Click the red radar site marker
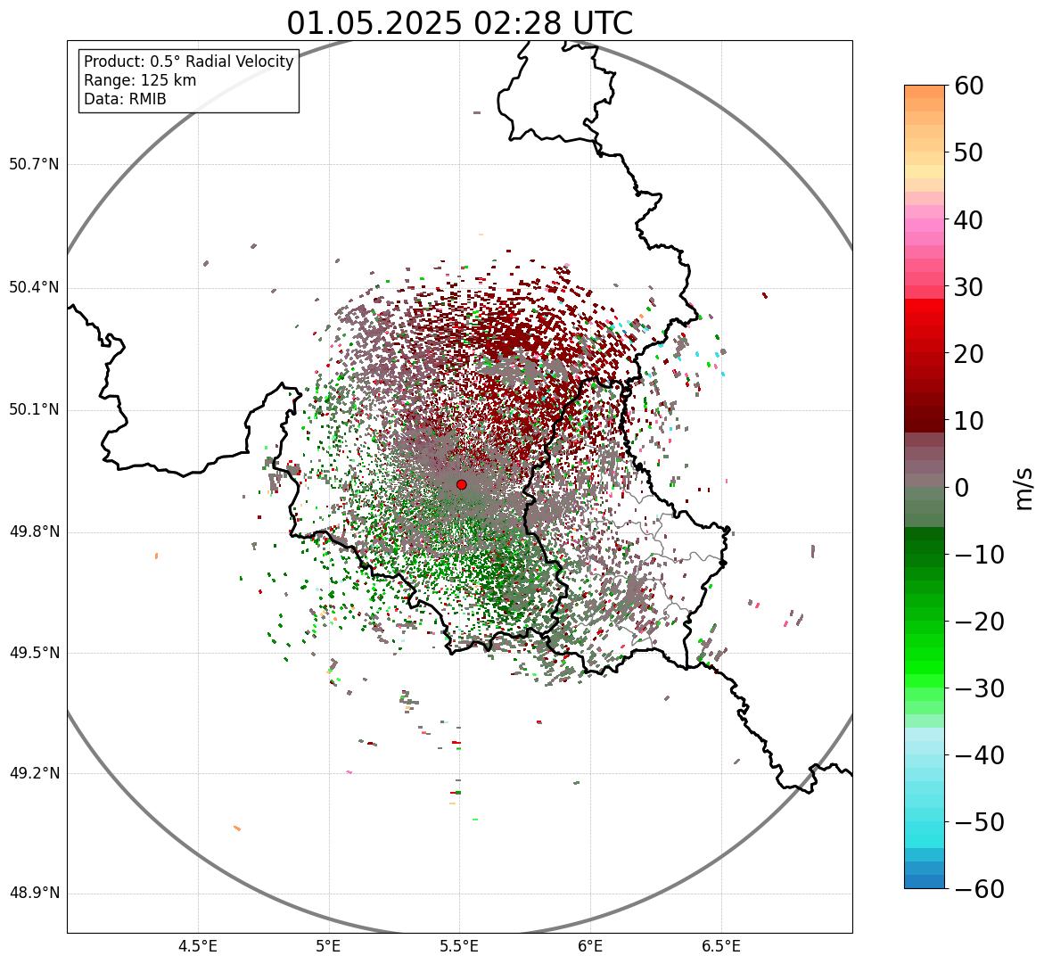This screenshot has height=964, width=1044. [x=461, y=484]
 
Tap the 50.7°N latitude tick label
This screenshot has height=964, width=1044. [x=33, y=165]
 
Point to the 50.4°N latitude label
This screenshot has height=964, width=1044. [x=33, y=287]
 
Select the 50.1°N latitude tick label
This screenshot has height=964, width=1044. [x=33, y=410]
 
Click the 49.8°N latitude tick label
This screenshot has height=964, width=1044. [x=33, y=532]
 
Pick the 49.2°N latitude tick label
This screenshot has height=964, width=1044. [x=33, y=773]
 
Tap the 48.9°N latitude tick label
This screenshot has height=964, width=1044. [x=33, y=894]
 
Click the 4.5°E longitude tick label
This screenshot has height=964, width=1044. [x=198, y=946]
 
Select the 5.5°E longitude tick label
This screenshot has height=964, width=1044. [x=459, y=946]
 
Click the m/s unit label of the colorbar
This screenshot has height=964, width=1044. [x=1026, y=488]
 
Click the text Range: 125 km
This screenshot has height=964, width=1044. [x=140, y=80]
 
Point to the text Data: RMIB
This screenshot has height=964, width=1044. [x=125, y=99]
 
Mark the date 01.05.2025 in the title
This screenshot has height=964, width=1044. [x=374, y=23]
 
